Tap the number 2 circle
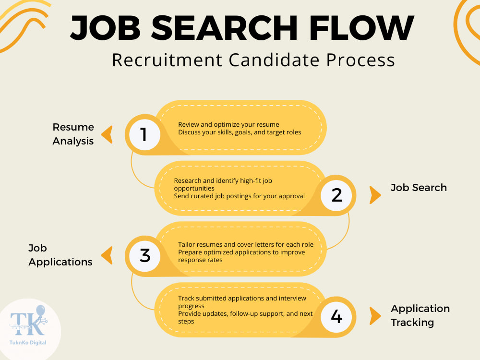pyautogui.click(x=336, y=195)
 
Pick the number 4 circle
pyautogui.click(x=336, y=316)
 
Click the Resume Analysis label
pyautogui.click(x=73, y=134)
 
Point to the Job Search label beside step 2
pyautogui.click(x=419, y=187)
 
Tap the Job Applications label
pyautogui.click(x=60, y=255)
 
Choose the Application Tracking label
pyautogui.click(x=420, y=315)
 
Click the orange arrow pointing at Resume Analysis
pyautogui.click(x=107, y=135)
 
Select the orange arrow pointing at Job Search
pyautogui.click(x=375, y=195)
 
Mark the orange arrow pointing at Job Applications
pyautogui.click(x=107, y=256)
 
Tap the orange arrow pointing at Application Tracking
pyautogui.click(x=375, y=316)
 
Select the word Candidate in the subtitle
pyautogui.click(x=274, y=60)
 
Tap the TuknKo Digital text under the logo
pyautogui.click(x=28, y=343)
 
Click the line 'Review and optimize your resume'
pyautogui.click(x=228, y=125)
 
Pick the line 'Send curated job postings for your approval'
pyautogui.click(x=240, y=196)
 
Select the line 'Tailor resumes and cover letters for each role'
pyautogui.click(x=246, y=245)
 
